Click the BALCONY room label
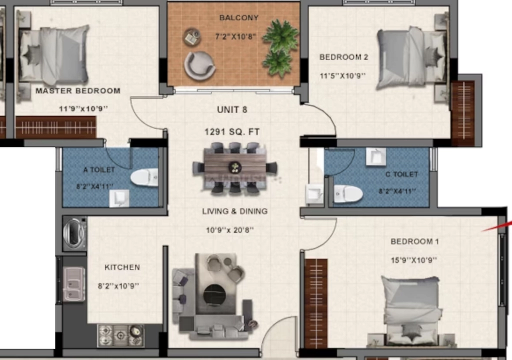(x=238, y=17)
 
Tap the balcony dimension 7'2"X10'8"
(x=235, y=36)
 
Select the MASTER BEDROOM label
(x=78, y=91)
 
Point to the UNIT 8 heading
(x=232, y=110)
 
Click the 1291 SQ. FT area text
(x=232, y=132)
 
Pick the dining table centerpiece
(x=235, y=167)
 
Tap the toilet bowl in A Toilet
(x=144, y=177)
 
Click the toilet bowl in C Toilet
(x=348, y=193)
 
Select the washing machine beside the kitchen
(x=75, y=233)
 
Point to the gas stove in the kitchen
(x=121, y=335)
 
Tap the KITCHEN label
(x=122, y=267)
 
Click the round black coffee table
(x=214, y=295)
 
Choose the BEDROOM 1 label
(x=414, y=241)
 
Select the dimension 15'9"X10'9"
(x=413, y=260)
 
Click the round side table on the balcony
(x=192, y=37)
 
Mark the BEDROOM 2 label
(x=344, y=57)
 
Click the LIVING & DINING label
(x=235, y=211)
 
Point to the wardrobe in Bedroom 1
(x=316, y=303)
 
